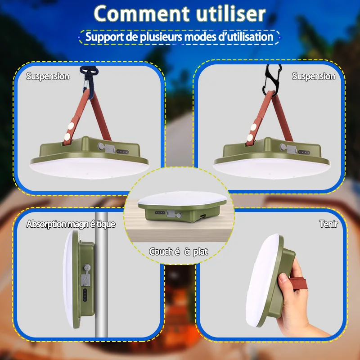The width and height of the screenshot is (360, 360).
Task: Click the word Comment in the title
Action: [x=142, y=14]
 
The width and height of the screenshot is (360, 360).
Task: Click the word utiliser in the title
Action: [x=231, y=13]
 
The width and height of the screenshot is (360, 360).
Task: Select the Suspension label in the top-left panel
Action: [x=48, y=76]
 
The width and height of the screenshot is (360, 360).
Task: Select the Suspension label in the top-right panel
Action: [x=314, y=76]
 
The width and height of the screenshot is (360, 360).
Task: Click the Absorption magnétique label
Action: [x=71, y=224]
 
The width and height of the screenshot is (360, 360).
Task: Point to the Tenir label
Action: [x=328, y=224]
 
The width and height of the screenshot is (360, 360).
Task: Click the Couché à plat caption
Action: [x=179, y=252]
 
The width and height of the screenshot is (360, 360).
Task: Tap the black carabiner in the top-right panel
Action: [x=272, y=79]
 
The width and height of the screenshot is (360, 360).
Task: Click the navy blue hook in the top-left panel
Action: [x=90, y=81]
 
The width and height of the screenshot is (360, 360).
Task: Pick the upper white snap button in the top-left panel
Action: [x=71, y=126]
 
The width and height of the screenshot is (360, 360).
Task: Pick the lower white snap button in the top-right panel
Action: [x=250, y=138]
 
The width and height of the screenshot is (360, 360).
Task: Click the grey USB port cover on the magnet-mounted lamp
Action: [x=85, y=278]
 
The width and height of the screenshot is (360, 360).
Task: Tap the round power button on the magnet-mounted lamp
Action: [x=87, y=268]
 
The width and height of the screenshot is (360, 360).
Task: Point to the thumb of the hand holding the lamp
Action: [x=285, y=283]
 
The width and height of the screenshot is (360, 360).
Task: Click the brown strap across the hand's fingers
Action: [x=300, y=284]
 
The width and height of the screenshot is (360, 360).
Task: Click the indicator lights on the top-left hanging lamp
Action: [x=122, y=152]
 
